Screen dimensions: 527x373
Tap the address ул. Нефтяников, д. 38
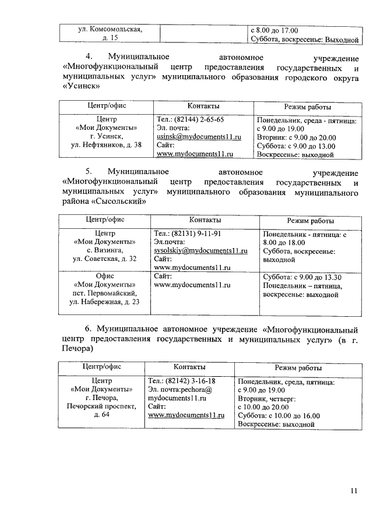pos(106,146)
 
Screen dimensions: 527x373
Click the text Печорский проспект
pos(101,406)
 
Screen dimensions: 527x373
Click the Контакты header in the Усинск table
pos(203,107)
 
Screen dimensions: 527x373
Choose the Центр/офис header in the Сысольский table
pos(105,221)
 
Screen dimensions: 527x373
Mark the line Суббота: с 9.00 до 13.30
pos(302,277)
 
